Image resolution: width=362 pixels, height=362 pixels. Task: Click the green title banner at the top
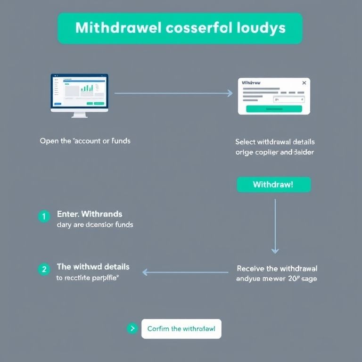[180, 28]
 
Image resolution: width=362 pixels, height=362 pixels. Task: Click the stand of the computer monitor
[80, 114]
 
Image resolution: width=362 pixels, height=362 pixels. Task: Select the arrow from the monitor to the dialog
[173, 93]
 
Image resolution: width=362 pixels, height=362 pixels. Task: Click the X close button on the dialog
[304, 83]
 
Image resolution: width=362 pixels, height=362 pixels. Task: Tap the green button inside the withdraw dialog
[274, 109]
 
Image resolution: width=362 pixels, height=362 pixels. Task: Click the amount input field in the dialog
[288, 99]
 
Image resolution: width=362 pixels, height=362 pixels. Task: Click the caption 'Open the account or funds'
[85, 141]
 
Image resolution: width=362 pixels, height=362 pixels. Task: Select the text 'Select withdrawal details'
[275, 141]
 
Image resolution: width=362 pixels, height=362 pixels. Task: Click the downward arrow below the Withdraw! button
[275, 226]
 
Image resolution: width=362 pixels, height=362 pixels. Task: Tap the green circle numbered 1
[44, 216]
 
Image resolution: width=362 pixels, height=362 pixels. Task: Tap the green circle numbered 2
[44, 269]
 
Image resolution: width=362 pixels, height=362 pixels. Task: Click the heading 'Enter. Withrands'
[90, 214]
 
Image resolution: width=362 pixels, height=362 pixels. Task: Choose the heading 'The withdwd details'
[93, 267]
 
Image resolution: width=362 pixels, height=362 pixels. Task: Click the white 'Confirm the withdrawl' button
[181, 329]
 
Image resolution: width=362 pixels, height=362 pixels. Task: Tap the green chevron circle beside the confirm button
[132, 329]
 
